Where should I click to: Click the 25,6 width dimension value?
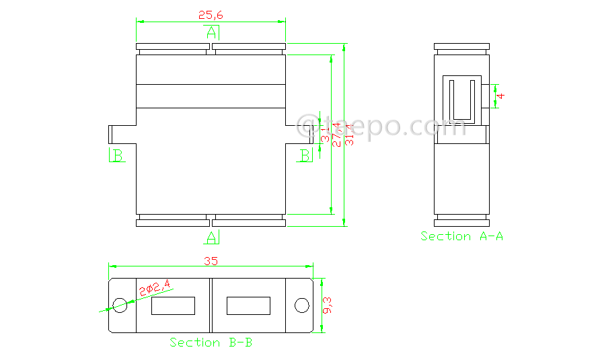(x=211, y=13)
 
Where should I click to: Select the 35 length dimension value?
(x=211, y=261)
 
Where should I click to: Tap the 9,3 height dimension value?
(x=328, y=306)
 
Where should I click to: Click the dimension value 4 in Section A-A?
(x=501, y=96)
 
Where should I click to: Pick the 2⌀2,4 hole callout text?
(x=155, y=288)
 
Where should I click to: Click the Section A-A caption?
(x=461, y=236)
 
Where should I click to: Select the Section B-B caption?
(x=211, y=343)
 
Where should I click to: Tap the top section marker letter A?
(x=211, y=32)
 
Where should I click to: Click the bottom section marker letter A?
(x=211, y=237)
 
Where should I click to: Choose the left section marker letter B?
(x=117, y=156)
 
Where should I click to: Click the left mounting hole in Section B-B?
(x=120, y=305)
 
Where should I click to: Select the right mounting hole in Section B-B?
(x=301, y=305)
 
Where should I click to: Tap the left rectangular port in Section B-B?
(x=173, y=306)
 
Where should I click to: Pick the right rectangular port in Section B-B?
(x=248, y=306)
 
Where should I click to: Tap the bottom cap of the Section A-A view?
(x=461, y=222)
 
